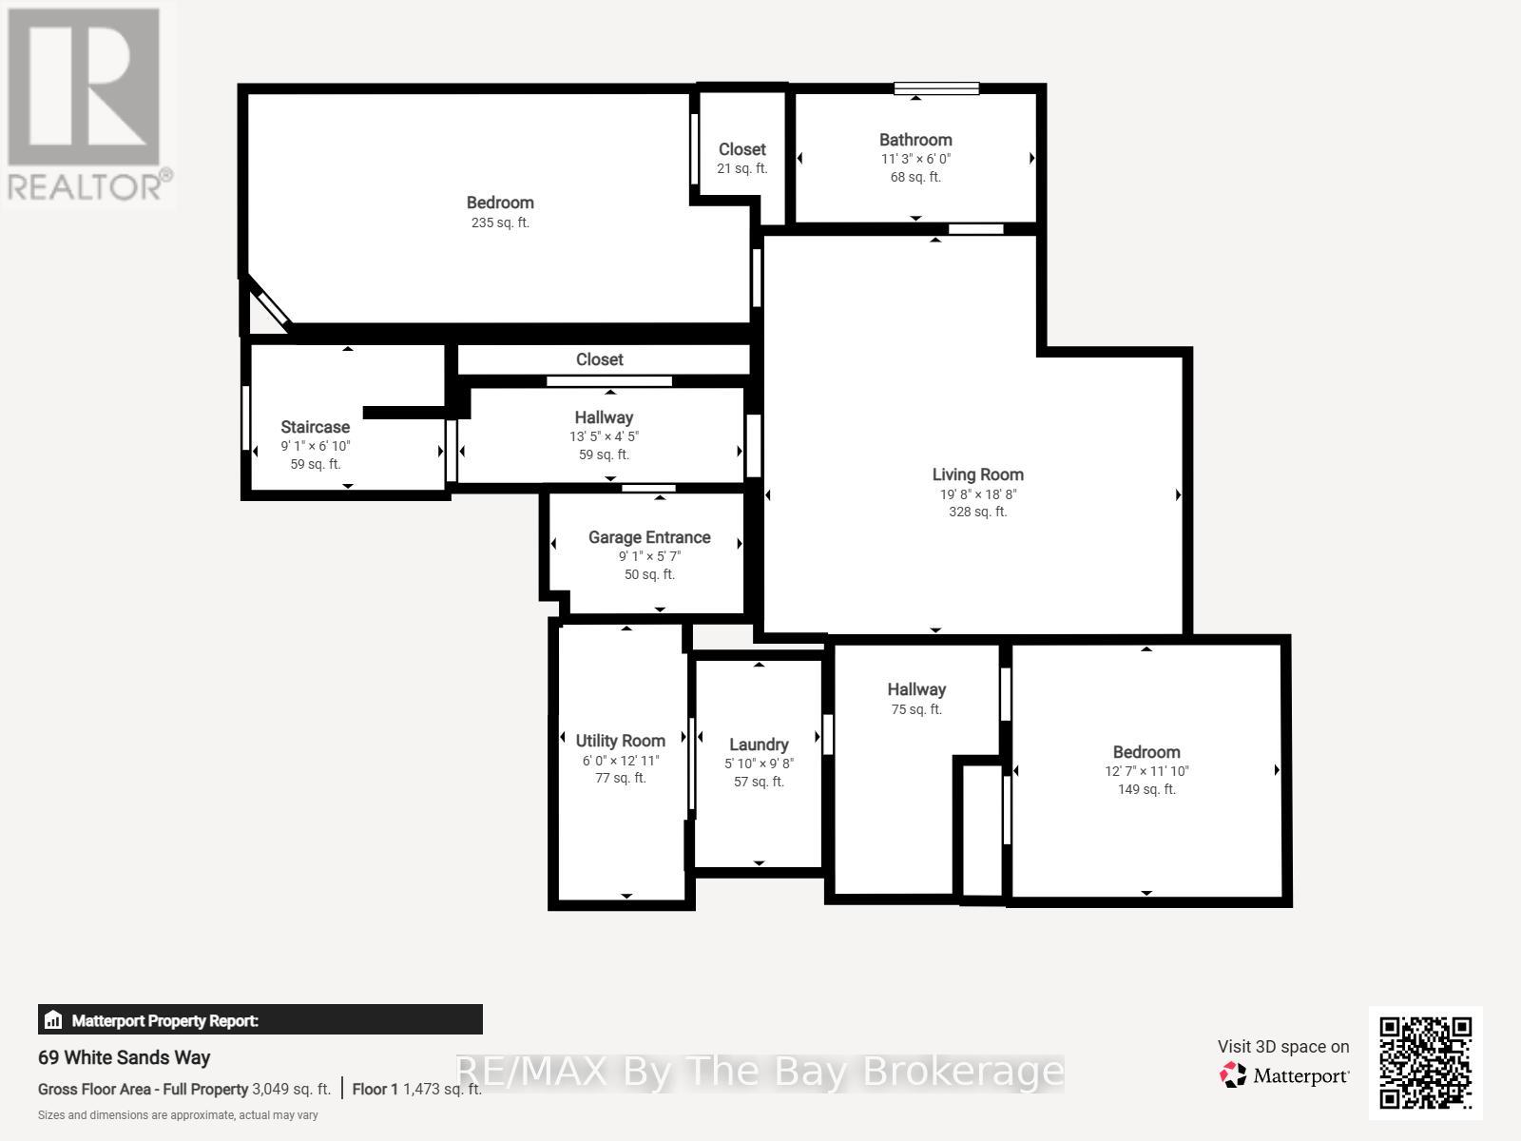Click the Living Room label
coord(977,474)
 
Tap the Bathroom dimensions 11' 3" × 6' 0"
coord(915,159)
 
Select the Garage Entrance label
coord(649,537)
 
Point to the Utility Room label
coord(620,741)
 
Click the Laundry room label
coord(759,745)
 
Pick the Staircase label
coord(316,428)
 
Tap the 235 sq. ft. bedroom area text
coord(500,222)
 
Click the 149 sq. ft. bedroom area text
coord(1146,789)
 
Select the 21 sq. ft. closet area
coord(741,168)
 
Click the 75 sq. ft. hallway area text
coord(916,709)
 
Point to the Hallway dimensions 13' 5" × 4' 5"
coord(604,436)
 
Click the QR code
coord(1425,1063)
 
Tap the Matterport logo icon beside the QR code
coord(1233,1074)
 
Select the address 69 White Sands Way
coord(124,1058)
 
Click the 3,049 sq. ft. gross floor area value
coord(291,1089)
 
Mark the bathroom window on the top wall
coord(936,88)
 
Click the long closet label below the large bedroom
coord(600,359)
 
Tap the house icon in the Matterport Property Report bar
coord(52,1019)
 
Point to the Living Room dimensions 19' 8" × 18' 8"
coord(978,493)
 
